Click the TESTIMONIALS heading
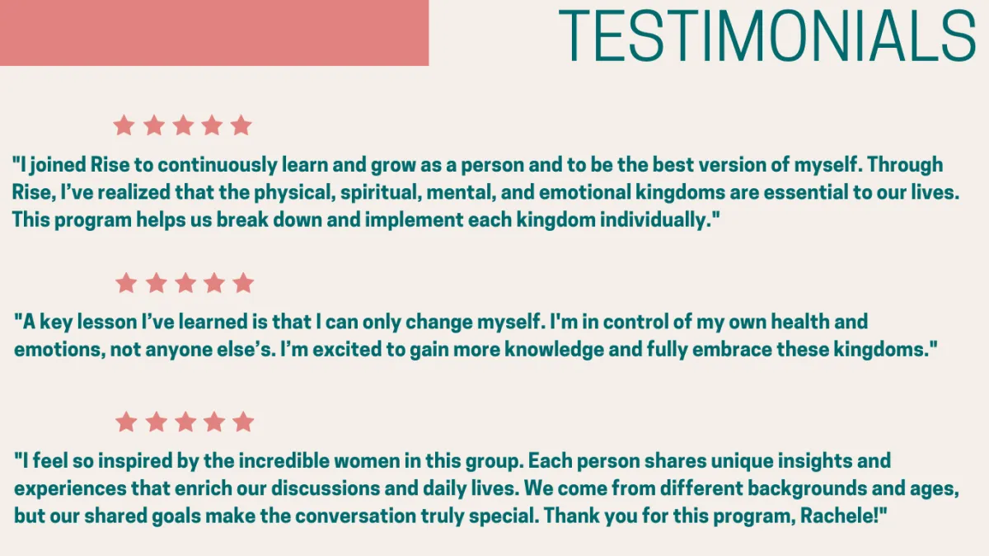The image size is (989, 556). (x=767, y=35)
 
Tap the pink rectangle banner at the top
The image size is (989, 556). (x=214, y=33)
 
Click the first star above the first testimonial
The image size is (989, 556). (x=124, y=125)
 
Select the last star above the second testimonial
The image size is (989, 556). (x=243, y=283)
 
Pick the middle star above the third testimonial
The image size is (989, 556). (x=185, y=422)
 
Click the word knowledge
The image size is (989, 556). (x=554, y=350)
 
